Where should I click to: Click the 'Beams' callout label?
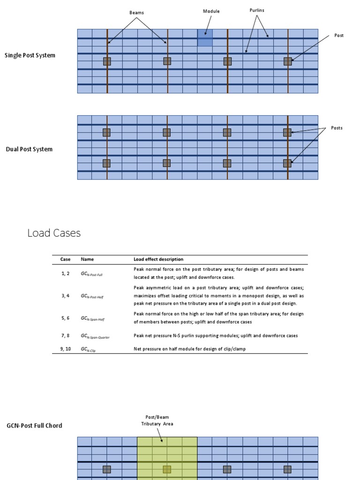pos(136,13)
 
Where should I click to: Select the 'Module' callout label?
pos(211,11)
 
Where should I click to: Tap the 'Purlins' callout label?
pos(257,10)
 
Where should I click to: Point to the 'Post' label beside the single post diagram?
pos(338,36)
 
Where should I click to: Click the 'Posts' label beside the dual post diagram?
pos(337,128)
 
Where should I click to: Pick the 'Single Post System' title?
pos(30,55)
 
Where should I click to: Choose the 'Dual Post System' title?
pos(29,150)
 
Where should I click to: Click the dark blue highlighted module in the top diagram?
pos(205,37)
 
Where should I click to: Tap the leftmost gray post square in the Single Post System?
pos(107,61)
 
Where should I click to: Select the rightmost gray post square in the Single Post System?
pos(287,61)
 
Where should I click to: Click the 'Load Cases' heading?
pos(54,233)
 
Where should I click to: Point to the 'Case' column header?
pos(65,259)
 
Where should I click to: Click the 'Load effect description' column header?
pos(158,259)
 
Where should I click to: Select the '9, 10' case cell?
pos(65,349)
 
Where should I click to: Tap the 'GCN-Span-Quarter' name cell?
pos(95,336)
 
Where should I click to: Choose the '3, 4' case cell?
pos(65,296)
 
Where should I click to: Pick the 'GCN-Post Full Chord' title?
pos(34,426)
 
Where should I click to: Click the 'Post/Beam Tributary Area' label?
pos(157,420)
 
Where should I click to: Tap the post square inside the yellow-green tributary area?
pos(167,469)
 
